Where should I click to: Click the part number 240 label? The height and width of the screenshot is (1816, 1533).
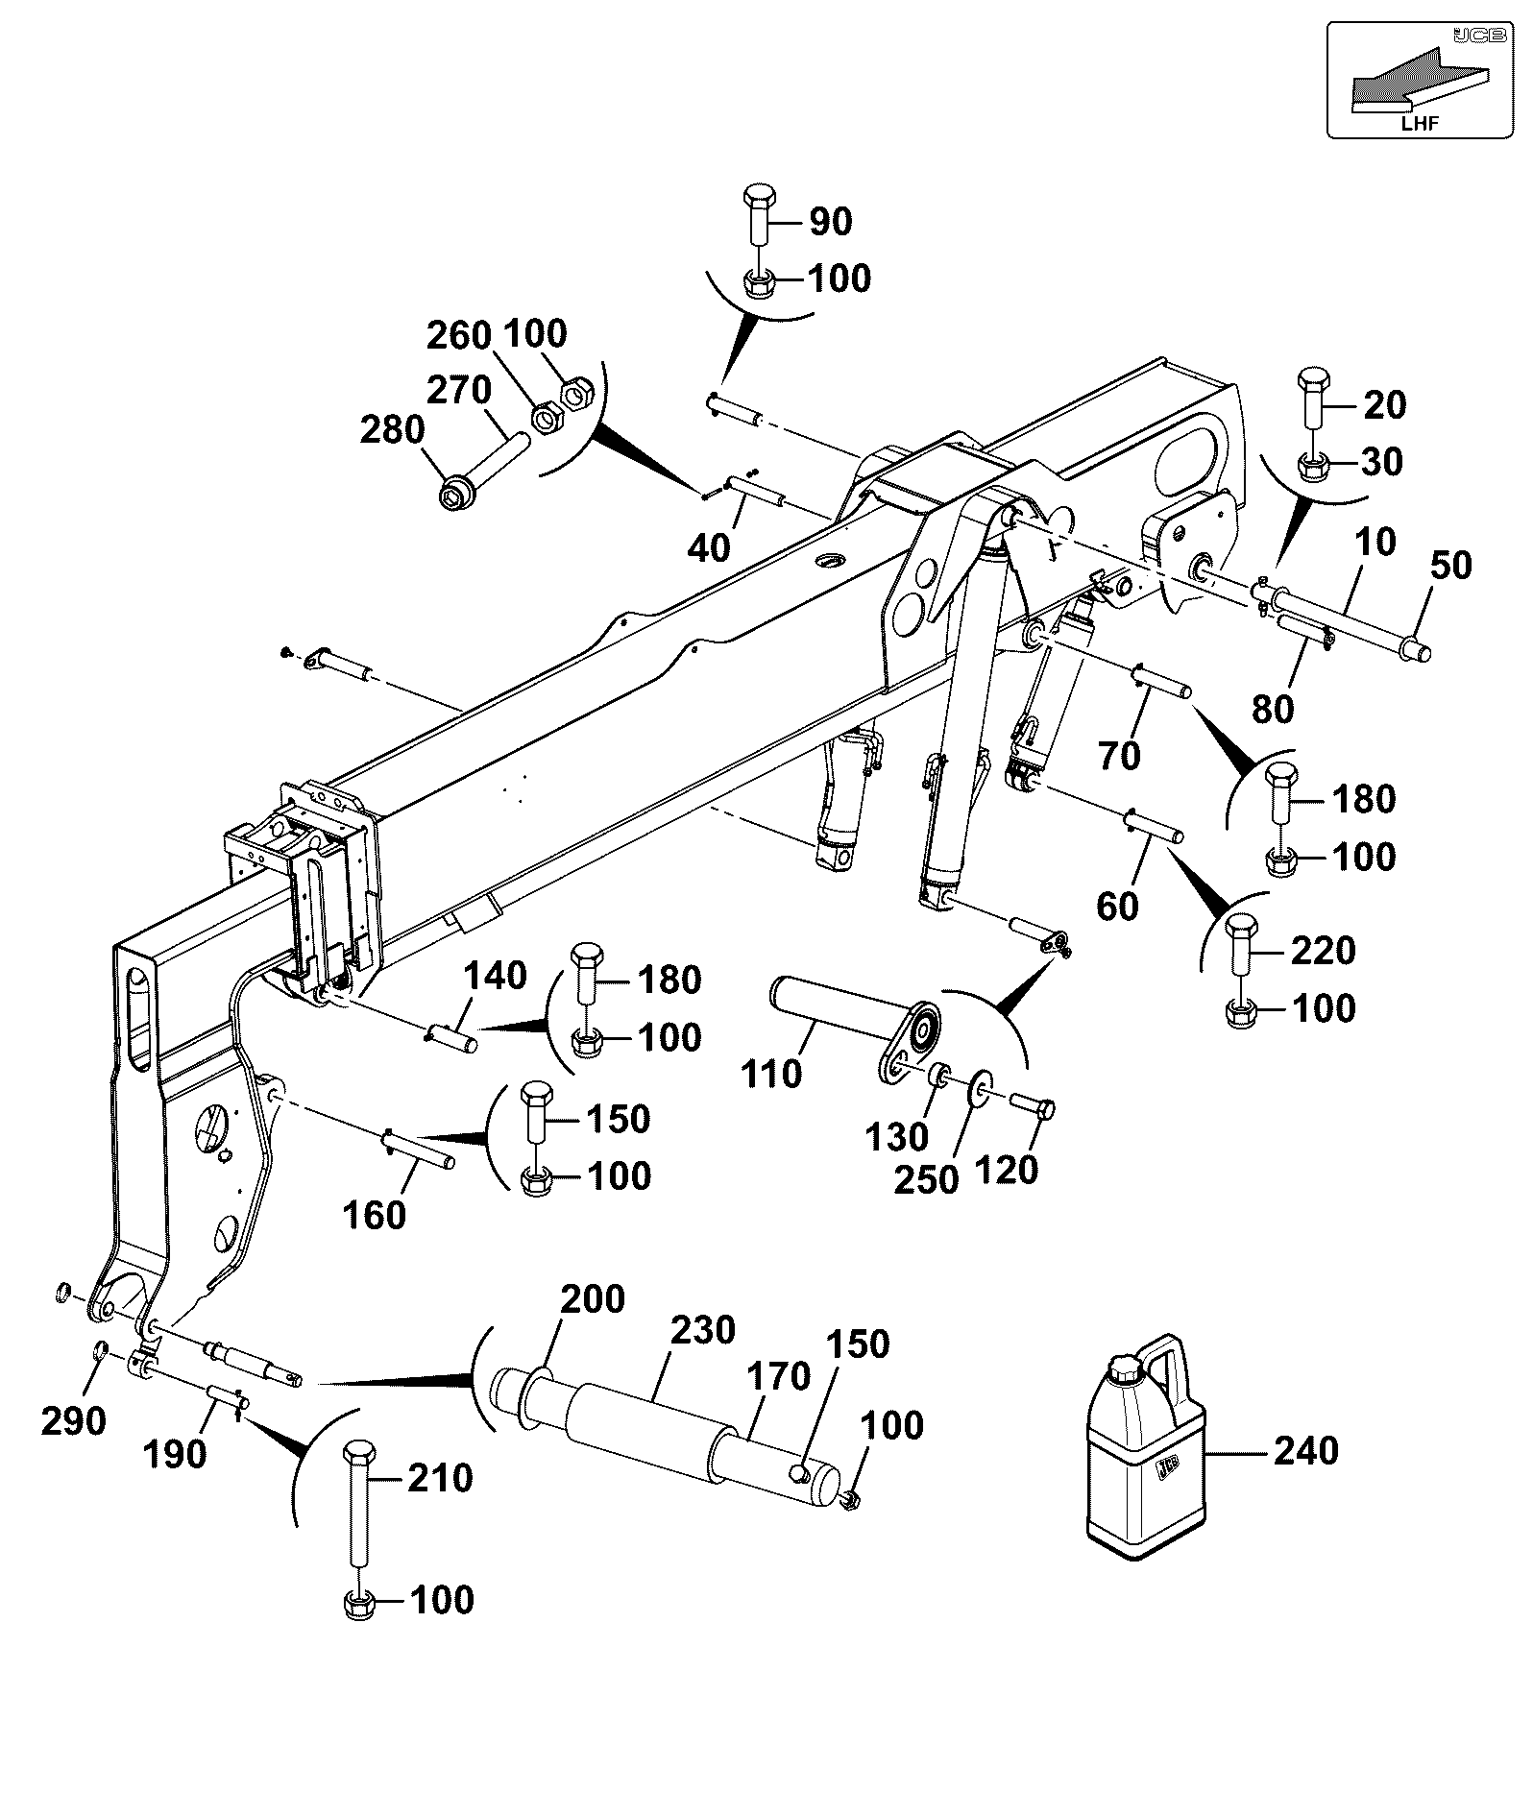coord(1305,1450)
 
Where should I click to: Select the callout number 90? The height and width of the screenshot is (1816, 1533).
coord(831,222)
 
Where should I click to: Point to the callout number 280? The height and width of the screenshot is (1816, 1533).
coord(392,430)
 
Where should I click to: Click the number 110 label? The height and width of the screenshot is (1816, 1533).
coord(772,1074)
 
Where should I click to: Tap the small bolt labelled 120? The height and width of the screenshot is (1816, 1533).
coord(1033,1105)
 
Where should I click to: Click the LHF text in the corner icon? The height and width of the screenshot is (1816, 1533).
coord(1420,122)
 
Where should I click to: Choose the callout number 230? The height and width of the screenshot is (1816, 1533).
coord(703,1331)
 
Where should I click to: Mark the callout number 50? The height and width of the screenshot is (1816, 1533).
coord(1450,566)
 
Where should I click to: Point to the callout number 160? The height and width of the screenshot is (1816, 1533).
coord(375,1215)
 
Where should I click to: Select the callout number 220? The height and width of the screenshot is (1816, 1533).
coord(1324,951)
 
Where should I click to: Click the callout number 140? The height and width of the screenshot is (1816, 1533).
coord(496,976)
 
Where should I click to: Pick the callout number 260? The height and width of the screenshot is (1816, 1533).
coord(459,336)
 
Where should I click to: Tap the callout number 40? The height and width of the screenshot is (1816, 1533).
coord(709,547)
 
